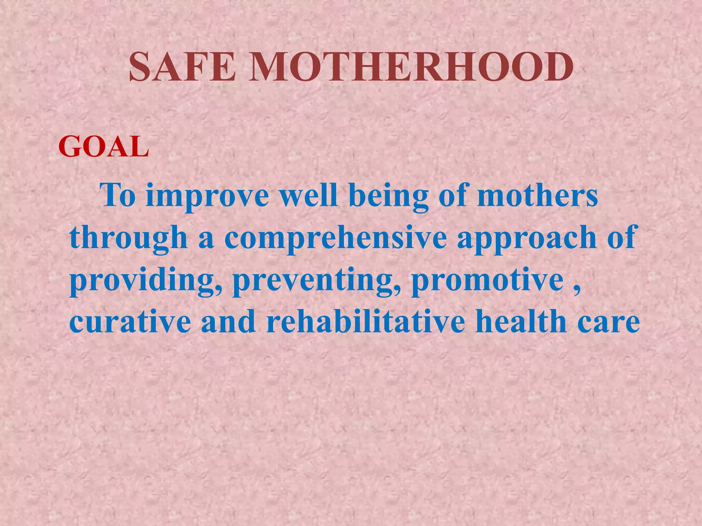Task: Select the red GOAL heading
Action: [x=104, y=147]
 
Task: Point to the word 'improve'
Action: [x=207, y=197]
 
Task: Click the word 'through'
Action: [x=129, y=238]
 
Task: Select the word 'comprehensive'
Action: [x=336, y=238]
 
